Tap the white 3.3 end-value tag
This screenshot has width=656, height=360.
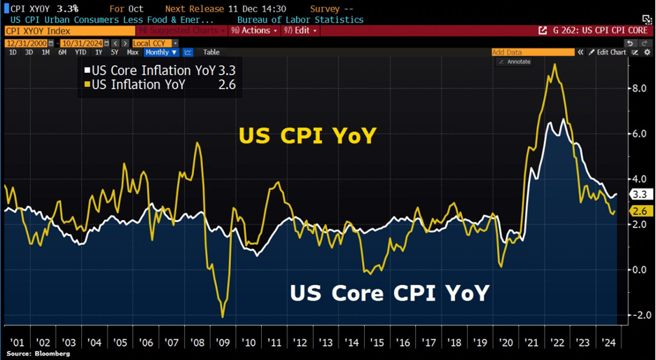coord(640,195)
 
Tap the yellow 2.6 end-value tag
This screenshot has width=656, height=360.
coord(640,212)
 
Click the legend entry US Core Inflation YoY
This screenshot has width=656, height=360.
coord(150,71)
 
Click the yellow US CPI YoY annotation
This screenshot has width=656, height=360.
coord(307,136)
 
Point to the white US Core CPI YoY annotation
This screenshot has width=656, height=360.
coord(389,293)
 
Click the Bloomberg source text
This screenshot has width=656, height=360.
coord(40,354)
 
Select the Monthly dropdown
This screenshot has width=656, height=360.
coord(160,53)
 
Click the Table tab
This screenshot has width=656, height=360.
coord(211,53)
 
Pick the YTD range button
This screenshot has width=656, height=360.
coord(81,53)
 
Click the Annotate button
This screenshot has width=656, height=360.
coord(515,62)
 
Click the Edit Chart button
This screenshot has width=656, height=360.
coord(608,53)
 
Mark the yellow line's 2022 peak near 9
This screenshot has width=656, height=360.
coord(555,64)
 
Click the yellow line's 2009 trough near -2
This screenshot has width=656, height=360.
coord(223,317)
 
